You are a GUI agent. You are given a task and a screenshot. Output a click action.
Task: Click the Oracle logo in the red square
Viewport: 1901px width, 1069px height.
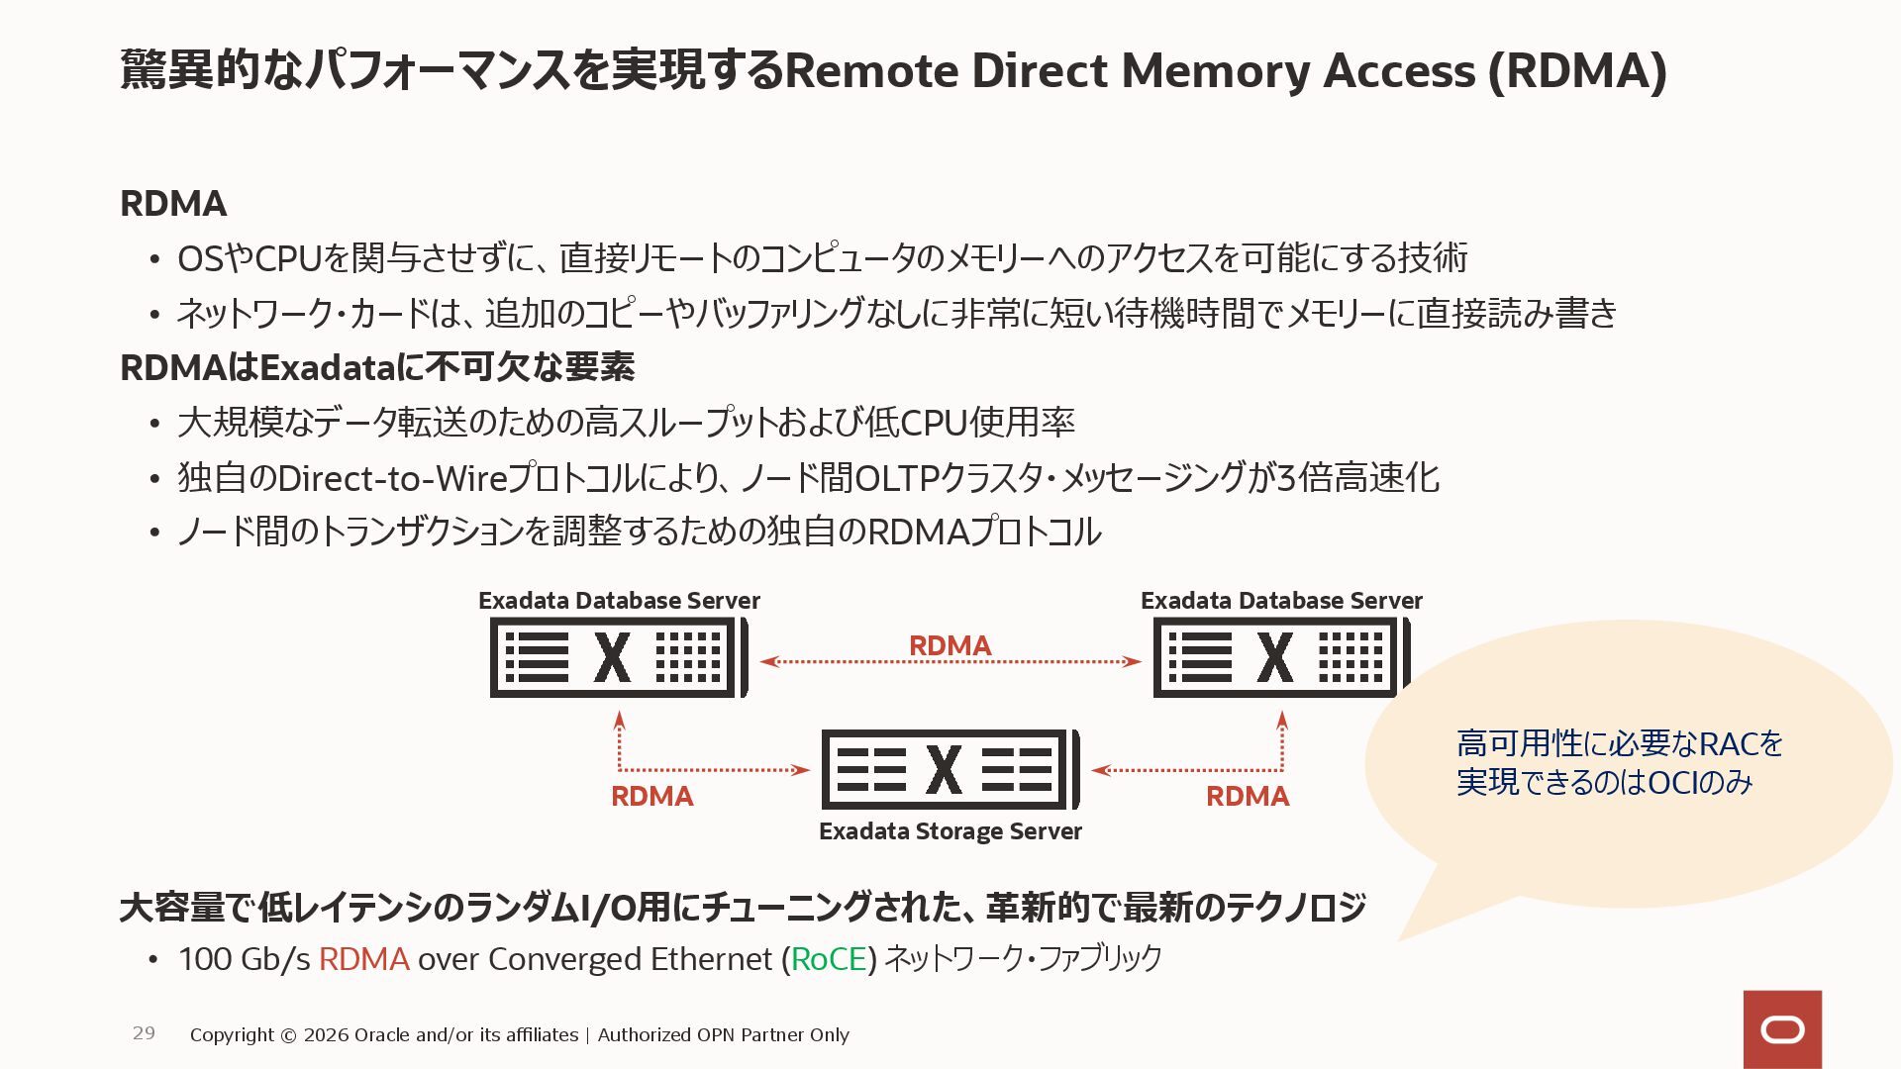tap(1782, 1030)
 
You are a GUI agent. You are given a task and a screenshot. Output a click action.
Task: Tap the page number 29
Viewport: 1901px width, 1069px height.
tap(144, 1033)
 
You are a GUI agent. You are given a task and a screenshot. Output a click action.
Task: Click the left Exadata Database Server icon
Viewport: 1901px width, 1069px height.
tap(618, 657)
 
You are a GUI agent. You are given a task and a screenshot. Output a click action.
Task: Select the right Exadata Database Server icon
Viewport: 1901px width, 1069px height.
tap(1280, 657)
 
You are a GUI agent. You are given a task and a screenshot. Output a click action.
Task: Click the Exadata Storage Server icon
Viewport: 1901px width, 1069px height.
tap(950, 769)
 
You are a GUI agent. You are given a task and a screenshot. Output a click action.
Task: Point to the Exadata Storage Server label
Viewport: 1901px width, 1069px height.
tap(950, 831)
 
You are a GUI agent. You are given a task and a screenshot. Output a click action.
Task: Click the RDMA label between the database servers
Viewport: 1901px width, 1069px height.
tap(950, 645)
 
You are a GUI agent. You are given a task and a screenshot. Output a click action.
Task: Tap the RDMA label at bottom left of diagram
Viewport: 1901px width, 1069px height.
tap(651, 796)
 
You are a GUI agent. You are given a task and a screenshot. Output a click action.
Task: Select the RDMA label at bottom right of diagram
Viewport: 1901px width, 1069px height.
tap(1247, 796)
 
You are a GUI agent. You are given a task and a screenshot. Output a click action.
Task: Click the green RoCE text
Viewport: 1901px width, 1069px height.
tap(829, 959)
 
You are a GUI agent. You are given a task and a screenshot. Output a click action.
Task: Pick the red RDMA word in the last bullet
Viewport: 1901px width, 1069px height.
tap(363, 959)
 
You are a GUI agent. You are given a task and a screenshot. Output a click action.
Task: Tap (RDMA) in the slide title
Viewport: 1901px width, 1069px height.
tap(1577, 71)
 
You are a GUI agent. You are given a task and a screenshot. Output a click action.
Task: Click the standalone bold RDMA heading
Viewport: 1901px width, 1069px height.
tap(173, 204)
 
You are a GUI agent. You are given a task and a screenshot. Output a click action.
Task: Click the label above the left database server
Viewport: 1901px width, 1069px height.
tap(618, 601)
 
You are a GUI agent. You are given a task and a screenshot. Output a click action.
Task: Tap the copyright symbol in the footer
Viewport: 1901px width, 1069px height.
tap(288, 1035)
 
